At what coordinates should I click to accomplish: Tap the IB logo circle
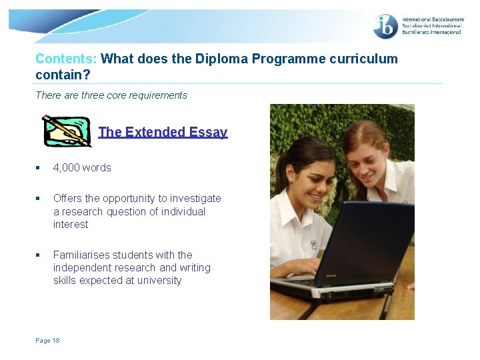386,26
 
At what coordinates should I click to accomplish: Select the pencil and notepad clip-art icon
66,131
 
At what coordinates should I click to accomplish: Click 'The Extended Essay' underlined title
163,132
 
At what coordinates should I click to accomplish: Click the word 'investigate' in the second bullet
195,198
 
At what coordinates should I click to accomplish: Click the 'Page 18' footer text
47,340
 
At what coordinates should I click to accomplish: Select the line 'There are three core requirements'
111,95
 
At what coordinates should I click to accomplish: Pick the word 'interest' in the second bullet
71,224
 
